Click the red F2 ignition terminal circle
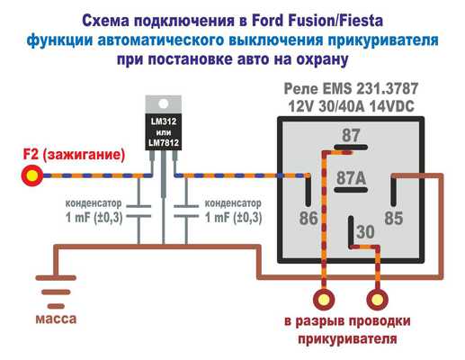[x=32, y=175]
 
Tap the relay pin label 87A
[x=351, y=178]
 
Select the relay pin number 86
[x=309, y=218]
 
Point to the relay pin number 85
[x=394, y=218]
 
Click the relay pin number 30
[x=366, y=232]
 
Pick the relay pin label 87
[x=351, y=135]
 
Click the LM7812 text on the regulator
[x=164, y=143]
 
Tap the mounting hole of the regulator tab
[x=164, y=103]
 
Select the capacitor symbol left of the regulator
[x=139, y=211]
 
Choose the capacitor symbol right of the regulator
[x=186, y=211]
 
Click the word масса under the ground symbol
[x=56, y=319]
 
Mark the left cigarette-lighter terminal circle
[x=324, y=300]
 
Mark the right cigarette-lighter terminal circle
[x=378, y=300]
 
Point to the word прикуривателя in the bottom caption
[x=347, y=339]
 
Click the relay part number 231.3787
[x=387, y=89]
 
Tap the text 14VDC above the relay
[x=391, y=106]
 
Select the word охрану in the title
[x=322, y=59]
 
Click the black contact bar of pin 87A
[x=351, y=190]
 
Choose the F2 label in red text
[x=31, y=155]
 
